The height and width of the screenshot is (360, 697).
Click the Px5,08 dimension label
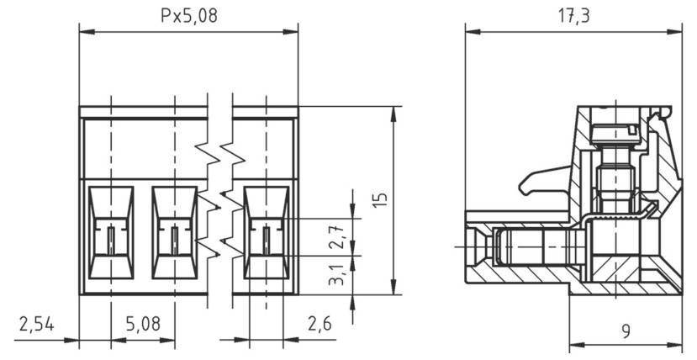click(188, 16)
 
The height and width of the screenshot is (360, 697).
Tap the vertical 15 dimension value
click(380, 199)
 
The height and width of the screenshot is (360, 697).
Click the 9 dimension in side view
click(626, 331)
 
